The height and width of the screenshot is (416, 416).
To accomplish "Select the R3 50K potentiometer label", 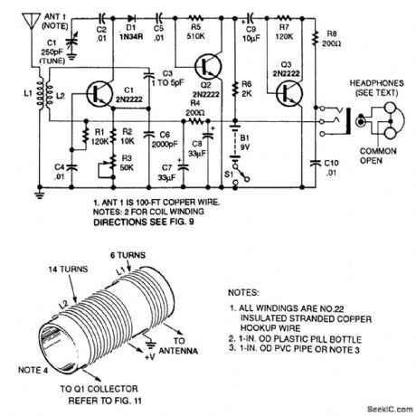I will click(x=129, y=161).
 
